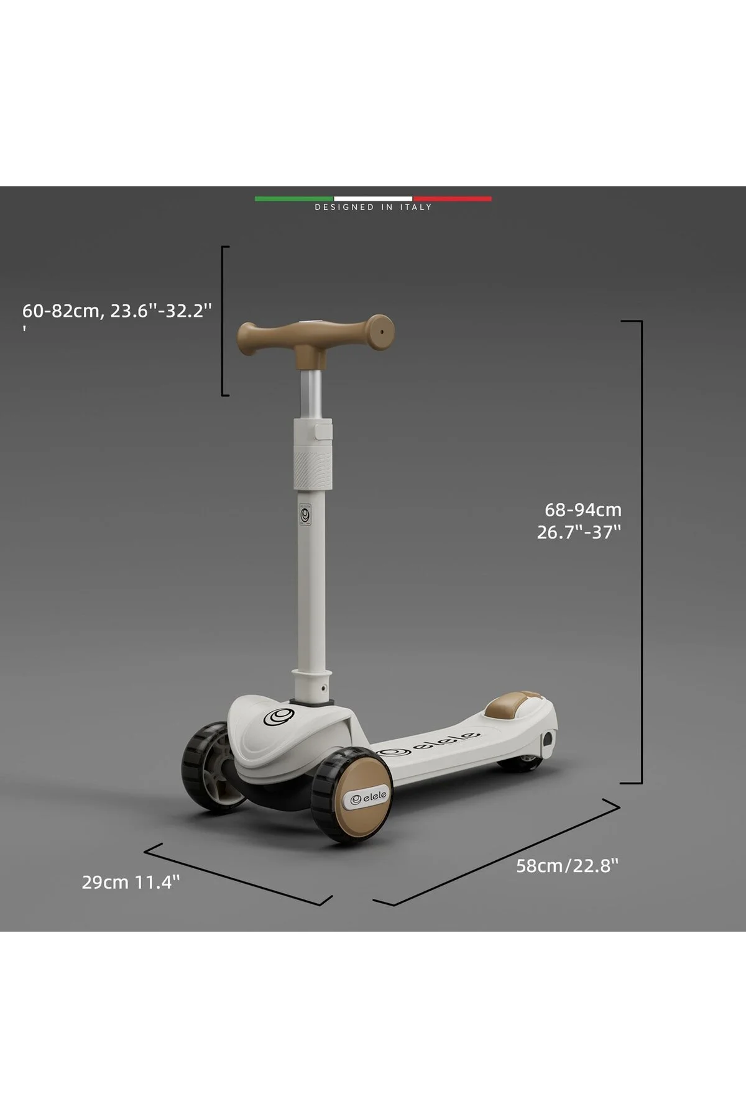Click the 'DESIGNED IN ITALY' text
point(373,207)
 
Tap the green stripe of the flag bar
point(294,199)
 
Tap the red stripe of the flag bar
point(452,199)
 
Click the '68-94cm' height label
point(583,509)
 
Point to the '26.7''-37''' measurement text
point(579,532)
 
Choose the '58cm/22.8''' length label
point(568,865)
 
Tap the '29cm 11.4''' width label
point(131,881)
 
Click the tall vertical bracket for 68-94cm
point(641,552)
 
